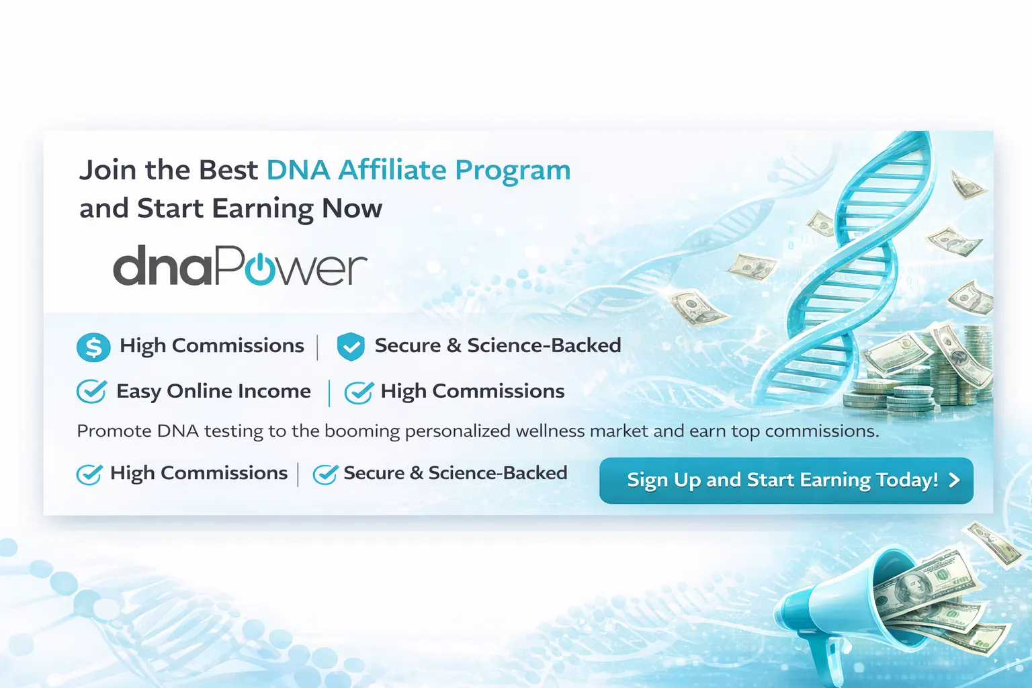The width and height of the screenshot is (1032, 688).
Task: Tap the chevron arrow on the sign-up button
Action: [x=954, y=480]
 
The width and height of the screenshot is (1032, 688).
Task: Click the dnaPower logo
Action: [x=240, y=265]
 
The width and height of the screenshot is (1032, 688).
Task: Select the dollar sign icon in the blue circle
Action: [x=93, y=347]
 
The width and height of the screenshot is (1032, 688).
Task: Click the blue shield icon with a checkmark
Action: [x=350, y=347]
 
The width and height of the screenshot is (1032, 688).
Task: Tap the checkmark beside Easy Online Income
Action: [x=91, y=391]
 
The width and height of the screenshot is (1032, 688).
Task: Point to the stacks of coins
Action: [x=927, y=376]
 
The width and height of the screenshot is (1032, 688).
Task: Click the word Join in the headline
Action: [x=107, y=170]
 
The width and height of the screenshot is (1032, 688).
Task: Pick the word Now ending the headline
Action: [x=352, y=208]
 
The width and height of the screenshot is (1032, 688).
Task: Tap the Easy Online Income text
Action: [x=214, y=391]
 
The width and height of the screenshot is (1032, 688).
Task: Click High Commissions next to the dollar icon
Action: [x=212, y=345]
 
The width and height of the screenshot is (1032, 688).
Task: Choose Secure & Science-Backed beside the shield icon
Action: [x=498, y=345]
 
